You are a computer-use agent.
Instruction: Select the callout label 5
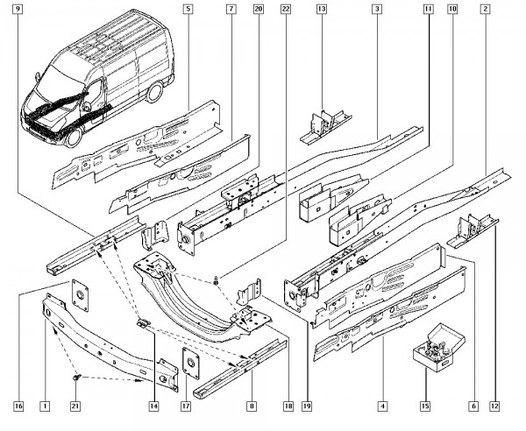click(x=188, y=9)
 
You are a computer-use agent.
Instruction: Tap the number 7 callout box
click(x=231, y=9)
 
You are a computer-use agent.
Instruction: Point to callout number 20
click(x=258, y=9)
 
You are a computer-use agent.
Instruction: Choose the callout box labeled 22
click(x=285, y=9)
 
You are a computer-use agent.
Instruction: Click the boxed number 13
click(x=322, y=9)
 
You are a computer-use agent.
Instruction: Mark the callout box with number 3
click(x=376, y=9)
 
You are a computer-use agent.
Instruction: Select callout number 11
click(x=429, y=9)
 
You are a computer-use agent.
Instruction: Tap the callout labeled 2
click(x=508, y=9)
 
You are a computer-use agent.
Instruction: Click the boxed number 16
click(x=18, y=406)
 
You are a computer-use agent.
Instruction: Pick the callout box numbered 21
click(x=75, y=406)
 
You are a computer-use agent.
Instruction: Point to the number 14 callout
click(x=153, y=406)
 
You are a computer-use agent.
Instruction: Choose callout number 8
click(x=252, y=406)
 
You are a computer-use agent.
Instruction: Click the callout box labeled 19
click(x=307, y=406)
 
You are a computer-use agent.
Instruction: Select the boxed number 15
click(x=427, y=406)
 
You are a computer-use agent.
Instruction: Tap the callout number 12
click(x=494, y=406)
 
